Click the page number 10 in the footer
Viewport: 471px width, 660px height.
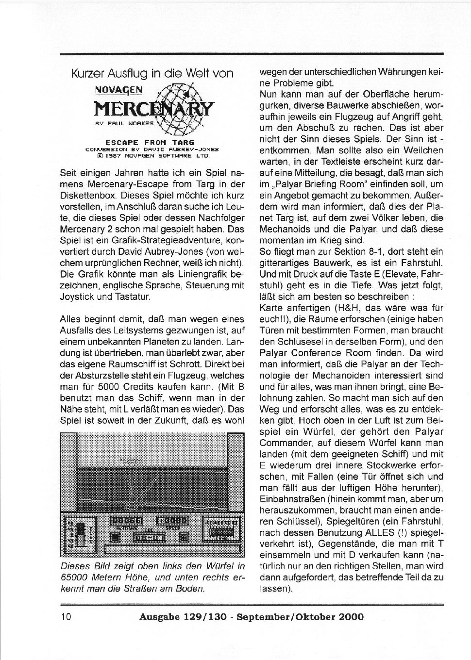[x=67, y=617]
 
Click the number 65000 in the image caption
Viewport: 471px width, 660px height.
[x=74, y=577]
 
